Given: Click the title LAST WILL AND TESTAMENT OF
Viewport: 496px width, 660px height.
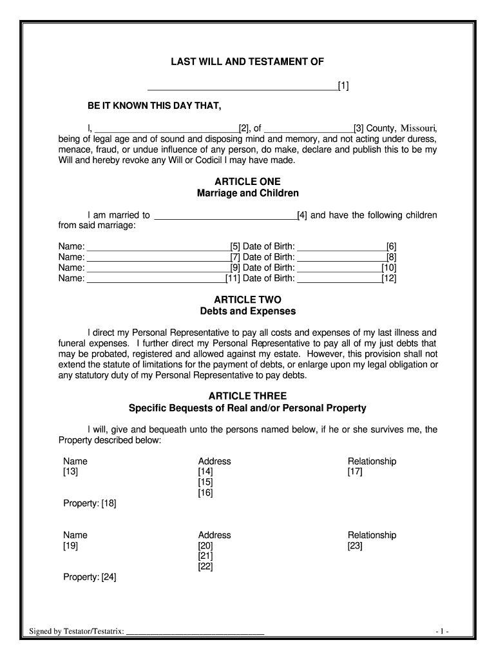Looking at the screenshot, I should [247, 62].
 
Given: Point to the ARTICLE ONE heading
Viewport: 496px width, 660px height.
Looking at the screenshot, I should [247, 182].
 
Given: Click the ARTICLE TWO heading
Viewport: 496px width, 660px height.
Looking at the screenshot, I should [247, 300].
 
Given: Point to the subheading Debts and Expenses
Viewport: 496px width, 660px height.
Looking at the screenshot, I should [247, 311].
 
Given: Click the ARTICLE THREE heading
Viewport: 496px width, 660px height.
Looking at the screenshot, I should [247, 396].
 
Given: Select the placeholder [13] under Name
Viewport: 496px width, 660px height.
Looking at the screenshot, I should [70, 472].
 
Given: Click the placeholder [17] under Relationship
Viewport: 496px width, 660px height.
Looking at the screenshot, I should [355, 472].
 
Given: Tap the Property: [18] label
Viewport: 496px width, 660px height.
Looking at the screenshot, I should [90, 503].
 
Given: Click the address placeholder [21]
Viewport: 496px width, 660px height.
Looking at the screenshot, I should [205, 556].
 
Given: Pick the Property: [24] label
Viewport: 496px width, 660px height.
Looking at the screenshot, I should [90, 577].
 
